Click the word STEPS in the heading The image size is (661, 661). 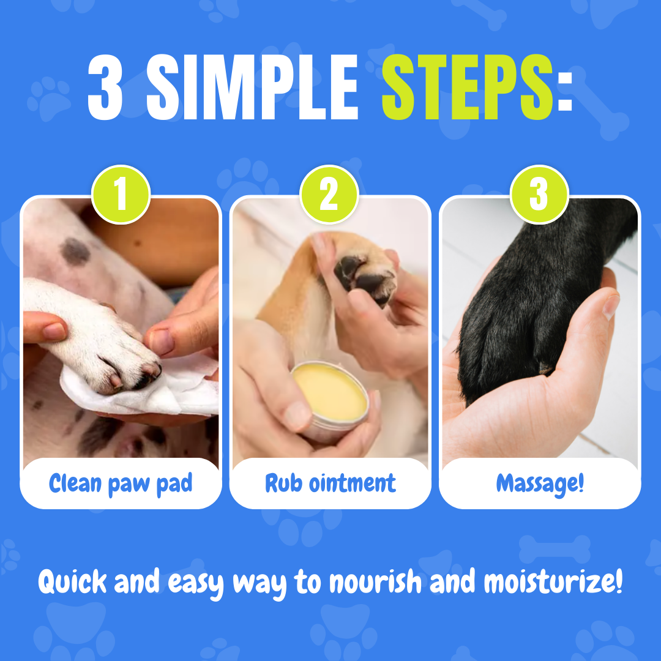pyautogui.click(x=467, y=87)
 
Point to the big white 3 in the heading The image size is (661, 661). pyautogui.click(x=105, y=88)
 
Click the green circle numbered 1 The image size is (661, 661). pyautogui.click(x=121, y=195)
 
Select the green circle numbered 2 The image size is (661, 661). pyautogui.click(x=329, y=195)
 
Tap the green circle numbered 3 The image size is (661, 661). pyautogui.click(x=539, y=195)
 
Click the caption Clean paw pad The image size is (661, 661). pyautogui.click(x=121, y=484)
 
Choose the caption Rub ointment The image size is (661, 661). pyautogui.click(x=330, y=483)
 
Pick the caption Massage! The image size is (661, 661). pyautogui.click(x=540, y=484)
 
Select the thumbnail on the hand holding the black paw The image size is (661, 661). pyautogui.click(x=611, y=307)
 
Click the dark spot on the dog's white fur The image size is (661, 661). pyautogui.click(x=75, y=252)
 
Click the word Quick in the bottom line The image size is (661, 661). pyautogui.click(x=72, y=582)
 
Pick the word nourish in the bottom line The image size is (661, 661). pyautogui.click(x=375, y=582)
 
